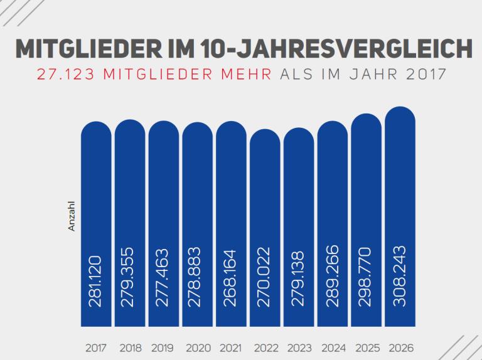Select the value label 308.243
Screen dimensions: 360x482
[x=400, y=277]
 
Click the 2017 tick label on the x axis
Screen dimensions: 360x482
[x=96, y=347]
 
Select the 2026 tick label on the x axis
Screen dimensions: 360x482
[x=400, y=347]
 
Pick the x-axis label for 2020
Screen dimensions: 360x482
[x=198, y=347]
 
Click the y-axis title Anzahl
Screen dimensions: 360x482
[x=72, y=216]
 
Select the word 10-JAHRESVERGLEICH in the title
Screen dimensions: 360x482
[x=333, y=49]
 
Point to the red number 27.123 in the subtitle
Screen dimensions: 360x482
[x=67, y=74]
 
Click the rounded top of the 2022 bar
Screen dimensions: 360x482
[x=265, y=137]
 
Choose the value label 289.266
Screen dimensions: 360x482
[x=333, y=278]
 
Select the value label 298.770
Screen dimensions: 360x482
[x=367, y=277]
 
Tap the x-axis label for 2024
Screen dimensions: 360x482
[x=333, y=347]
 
